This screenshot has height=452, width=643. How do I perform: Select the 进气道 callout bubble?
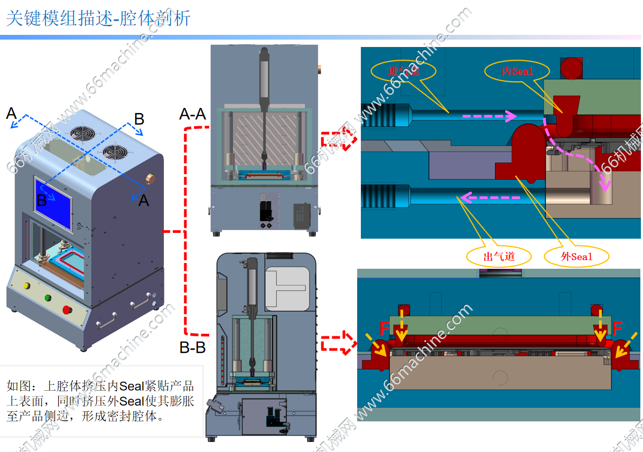pos(404,70)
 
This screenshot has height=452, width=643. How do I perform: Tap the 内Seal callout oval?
pos(517,71)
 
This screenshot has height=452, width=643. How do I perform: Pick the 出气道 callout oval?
pos(499,257)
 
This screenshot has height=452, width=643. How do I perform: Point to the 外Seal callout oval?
pos(576,257)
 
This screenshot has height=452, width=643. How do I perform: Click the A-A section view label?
pos(192,114)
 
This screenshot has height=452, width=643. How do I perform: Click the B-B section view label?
pos(192,348)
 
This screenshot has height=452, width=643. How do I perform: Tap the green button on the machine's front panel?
pos(48,297)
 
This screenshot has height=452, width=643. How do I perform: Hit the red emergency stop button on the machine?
pos(67,309)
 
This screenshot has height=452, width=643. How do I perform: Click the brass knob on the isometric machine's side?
pos(151,178)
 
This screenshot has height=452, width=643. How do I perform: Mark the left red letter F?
pos(385,329)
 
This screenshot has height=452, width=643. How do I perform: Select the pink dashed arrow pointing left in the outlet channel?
pos(489,198)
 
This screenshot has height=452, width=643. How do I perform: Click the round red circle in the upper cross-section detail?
pos(572,68)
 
